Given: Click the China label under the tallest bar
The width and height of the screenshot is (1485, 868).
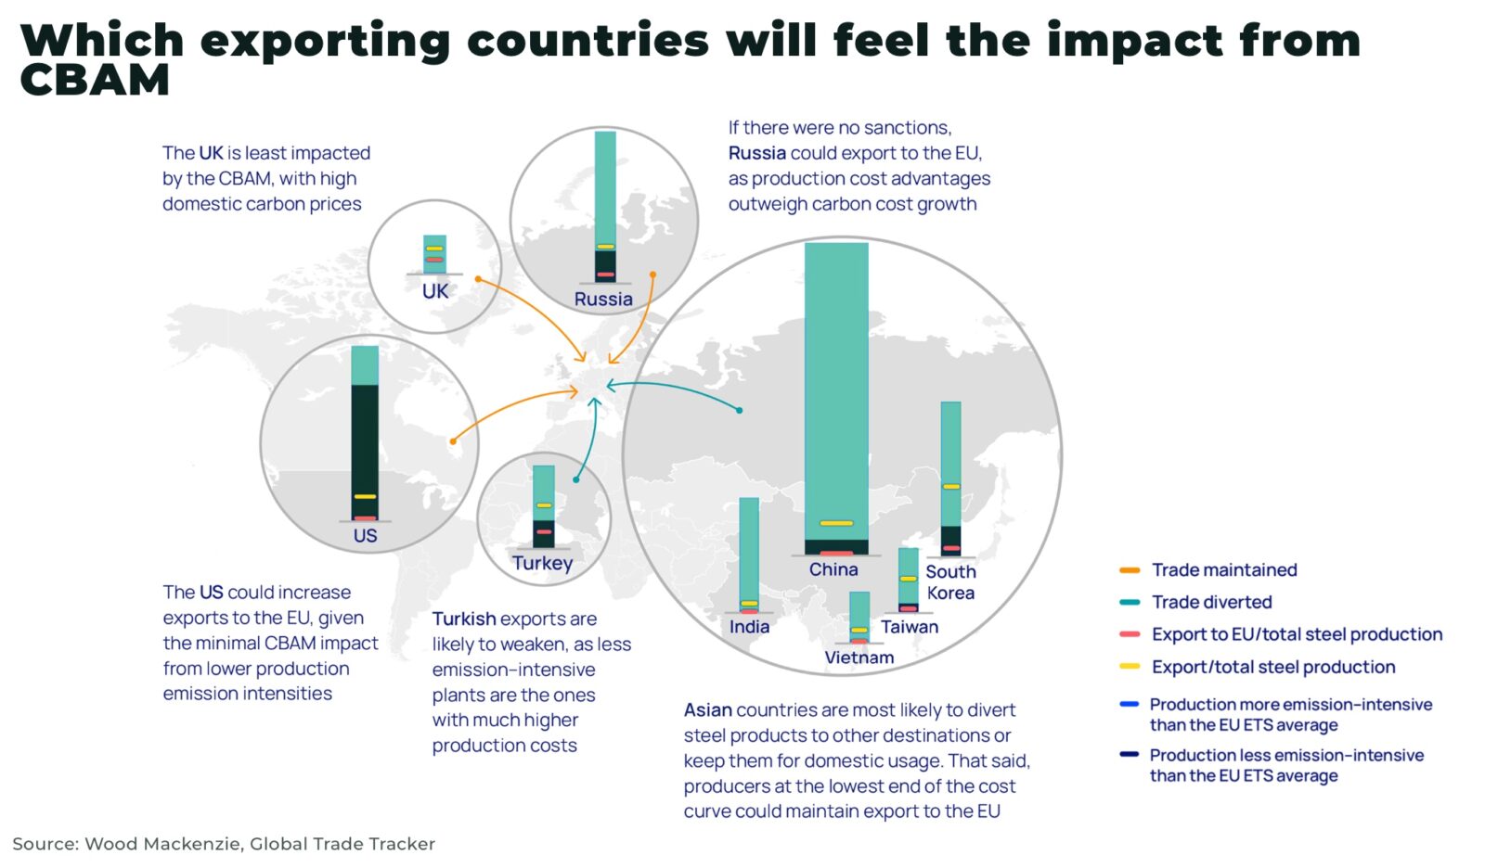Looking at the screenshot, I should (833, 569).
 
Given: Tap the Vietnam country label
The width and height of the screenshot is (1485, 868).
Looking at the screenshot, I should (859, 657).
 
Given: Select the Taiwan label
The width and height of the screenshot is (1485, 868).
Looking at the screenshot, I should (910, 627).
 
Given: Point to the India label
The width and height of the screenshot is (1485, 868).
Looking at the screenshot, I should (749, 627).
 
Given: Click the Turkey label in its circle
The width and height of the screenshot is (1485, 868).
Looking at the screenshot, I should (543, 563).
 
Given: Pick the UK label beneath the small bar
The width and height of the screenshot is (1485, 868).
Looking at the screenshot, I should (434, 291).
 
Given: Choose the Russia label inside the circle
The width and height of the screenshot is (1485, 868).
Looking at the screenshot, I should (603, 299).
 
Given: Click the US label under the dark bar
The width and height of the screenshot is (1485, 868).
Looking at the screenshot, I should (365, 535).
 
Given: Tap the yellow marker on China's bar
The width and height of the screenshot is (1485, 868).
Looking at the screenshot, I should (836, 523).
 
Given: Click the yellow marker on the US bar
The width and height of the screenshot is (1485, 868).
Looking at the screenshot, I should (365, 497).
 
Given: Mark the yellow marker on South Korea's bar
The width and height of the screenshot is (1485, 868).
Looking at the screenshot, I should (951, 487).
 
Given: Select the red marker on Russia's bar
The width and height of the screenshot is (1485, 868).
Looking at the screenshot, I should (605, 274).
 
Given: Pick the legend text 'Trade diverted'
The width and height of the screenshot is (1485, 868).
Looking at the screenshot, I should (1211, 602).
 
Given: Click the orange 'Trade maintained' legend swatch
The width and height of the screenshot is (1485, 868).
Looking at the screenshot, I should (1130, 570).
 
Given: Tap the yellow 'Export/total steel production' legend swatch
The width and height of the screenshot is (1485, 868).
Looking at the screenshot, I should (1130, 667).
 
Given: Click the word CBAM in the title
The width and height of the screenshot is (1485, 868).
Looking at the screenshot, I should (95, 81).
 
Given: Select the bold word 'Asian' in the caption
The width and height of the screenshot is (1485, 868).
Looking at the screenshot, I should (708, 710).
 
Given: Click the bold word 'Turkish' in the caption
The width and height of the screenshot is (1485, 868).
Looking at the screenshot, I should (464, 619).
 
